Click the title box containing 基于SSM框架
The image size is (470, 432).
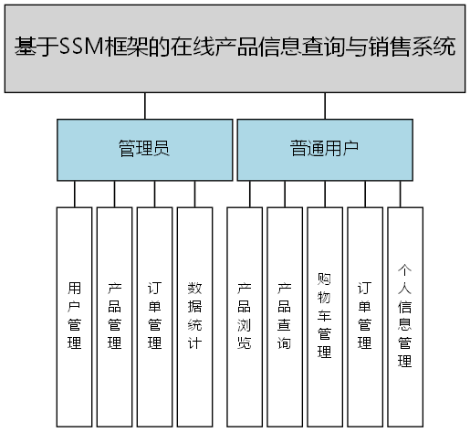(235, 47)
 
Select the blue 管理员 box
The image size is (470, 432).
(143, 149)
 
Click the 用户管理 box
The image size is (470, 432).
(74, 315)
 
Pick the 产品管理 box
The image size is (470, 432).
(114, 315)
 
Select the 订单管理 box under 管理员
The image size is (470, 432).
(154, 315)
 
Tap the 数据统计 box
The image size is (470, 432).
(194, 315)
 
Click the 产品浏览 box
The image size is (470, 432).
(244, 315)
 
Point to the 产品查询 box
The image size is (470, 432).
(284, 315)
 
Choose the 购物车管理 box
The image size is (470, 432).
(324, 315)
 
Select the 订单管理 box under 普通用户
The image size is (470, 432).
(364, 315)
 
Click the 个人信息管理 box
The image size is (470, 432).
(404, 315)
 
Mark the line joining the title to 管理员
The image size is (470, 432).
(143, 105)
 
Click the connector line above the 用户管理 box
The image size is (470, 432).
(74, 194)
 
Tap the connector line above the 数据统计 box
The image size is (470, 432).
(194, 194)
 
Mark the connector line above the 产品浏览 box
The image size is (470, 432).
(249, 194)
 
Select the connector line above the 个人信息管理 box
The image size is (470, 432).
(400, 194)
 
